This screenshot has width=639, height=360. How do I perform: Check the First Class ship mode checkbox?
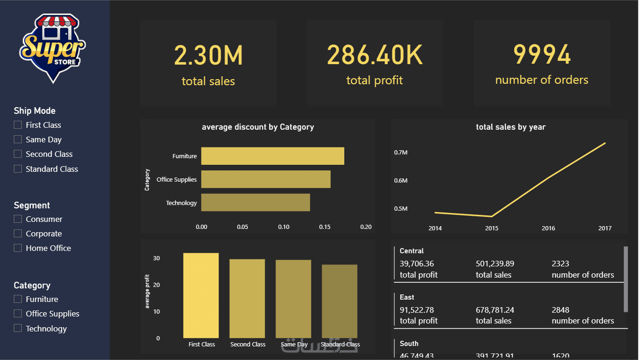(18, 125)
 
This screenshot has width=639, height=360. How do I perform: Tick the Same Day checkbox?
(18, 140)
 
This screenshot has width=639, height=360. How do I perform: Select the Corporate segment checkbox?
(18, 234)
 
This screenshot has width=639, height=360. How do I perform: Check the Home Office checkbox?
(18, 248)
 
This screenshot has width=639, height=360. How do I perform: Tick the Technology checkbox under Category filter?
(18, 329)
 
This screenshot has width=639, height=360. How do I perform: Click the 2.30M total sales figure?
(208, 55)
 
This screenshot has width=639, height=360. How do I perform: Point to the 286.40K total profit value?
(375, 55)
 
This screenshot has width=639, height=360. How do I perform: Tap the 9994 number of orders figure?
(542, 55)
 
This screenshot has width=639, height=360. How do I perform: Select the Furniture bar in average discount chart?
(272, 156)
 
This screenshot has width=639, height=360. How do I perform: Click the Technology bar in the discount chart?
(255, 202)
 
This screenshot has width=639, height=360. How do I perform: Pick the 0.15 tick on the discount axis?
(325, 227)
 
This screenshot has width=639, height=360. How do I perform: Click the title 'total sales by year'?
(510, 127)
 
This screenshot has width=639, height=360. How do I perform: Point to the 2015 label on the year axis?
(492, 228)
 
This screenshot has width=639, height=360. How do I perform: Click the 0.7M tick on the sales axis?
(401, 153)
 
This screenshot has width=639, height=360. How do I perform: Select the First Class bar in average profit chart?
(201, 295)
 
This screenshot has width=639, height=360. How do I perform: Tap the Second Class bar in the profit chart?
(247, 298)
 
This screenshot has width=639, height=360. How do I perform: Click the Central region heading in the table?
(412, 251)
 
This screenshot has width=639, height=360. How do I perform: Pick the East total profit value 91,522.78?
(417, 310)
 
